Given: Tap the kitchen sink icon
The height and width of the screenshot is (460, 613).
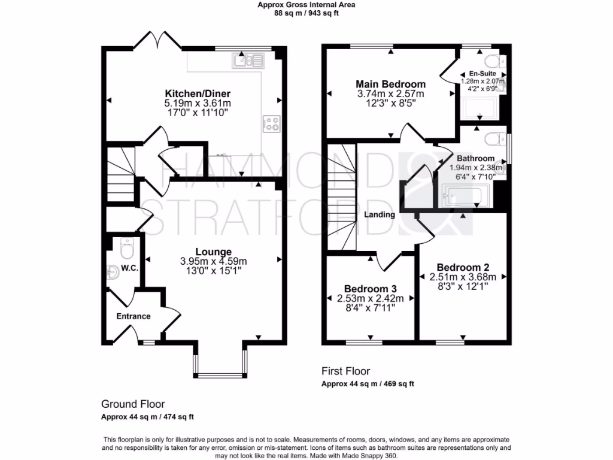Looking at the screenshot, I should pos(249,59).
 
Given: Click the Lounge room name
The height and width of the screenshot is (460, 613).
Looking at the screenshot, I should pos(213,252).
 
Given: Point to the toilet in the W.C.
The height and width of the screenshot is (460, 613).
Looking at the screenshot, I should pos(127,247).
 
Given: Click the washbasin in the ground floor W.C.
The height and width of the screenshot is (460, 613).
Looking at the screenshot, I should pos(114,271).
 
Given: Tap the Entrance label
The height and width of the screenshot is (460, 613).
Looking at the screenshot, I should pos(133,316).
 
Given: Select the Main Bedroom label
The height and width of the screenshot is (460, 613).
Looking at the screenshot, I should pos(391,84).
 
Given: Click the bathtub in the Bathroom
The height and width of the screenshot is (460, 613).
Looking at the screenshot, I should pos(466,195).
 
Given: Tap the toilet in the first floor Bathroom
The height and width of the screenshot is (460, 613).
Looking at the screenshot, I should pos(495,139).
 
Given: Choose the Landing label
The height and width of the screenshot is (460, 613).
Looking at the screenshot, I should pos(380,214).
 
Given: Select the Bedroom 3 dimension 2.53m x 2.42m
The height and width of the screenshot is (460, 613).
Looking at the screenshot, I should pos(366,298).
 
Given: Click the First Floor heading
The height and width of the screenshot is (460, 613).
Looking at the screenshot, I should pos(346,371).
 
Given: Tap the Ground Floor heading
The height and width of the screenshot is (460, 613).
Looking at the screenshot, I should pos(133,404).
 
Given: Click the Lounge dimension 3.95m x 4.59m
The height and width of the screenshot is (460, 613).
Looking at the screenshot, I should pos(213,261).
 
